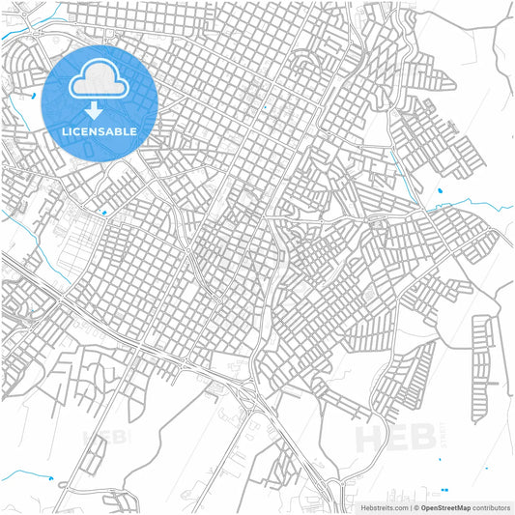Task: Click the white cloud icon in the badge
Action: [100, 80]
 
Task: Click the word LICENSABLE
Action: [100, 130]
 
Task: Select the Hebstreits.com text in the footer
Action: [385, 506]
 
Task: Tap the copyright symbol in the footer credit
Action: [414, 506]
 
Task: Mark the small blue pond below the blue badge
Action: [103, 212]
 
